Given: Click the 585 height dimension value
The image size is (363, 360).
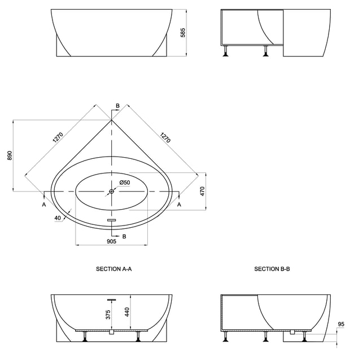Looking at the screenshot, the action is click(183, 33).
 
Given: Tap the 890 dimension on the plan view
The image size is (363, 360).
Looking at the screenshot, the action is click(10, 155).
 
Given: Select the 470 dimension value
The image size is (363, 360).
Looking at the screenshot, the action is click(202, 191).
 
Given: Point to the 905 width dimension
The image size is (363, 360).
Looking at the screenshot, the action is click(111, 241).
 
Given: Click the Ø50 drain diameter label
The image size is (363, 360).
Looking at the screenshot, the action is click(125, 183).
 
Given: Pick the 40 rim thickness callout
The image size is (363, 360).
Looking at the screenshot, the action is click(58, 218).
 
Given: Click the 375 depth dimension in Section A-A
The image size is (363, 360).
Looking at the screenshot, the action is click(108, 315).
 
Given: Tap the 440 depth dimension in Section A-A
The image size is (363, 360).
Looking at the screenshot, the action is click(127, 312).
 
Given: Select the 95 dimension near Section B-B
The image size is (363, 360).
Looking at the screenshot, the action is click(341, 324).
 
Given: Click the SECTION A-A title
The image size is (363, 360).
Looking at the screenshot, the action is click(114, 269).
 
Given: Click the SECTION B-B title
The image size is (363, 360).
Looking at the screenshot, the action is click(272, 269).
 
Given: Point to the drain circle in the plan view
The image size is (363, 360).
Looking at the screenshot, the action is click(112, 191).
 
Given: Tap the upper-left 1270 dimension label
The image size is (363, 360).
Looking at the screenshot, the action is click(58, 137).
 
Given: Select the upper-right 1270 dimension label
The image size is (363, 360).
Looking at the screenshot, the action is click(165, 137).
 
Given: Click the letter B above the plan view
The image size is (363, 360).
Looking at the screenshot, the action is click(117, 106).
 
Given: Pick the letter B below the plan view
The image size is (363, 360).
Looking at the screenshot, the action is click(124, 236).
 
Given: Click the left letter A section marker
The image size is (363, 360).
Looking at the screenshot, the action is click(44, 205).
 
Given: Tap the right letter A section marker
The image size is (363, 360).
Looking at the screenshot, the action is click(179, 205).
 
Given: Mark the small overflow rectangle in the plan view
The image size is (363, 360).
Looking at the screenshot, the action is click(112, 220).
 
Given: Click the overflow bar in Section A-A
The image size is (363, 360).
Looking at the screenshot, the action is click(112, 300).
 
